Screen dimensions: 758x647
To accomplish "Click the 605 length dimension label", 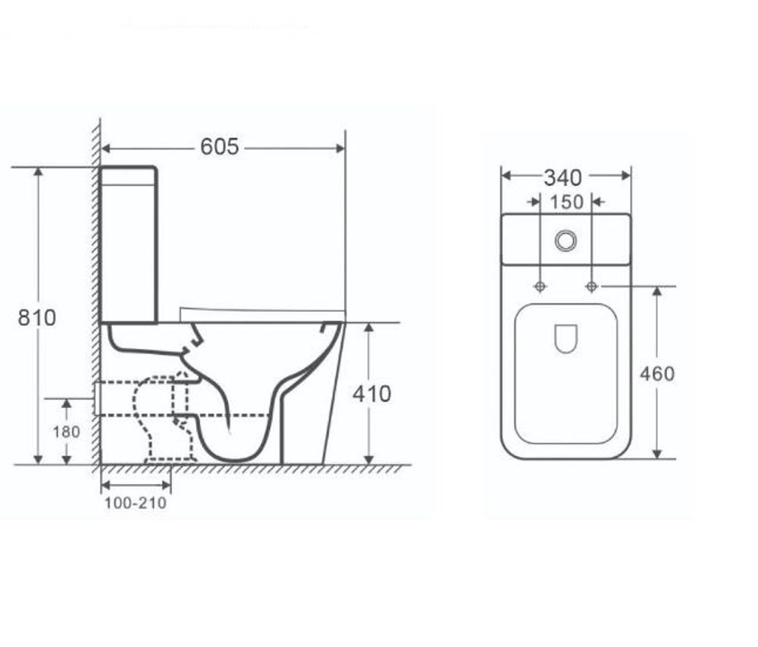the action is [x=220, y=146].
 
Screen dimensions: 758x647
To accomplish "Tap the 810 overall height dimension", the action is [x=36, y=318].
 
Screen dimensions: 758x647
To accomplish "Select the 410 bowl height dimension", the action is [x=371, y=394].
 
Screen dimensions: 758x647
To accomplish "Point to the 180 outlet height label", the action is [x=66, y=432].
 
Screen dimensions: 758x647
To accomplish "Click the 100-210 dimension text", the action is [x=136, y=503].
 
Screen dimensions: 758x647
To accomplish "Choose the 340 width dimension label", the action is [x=562, y=178].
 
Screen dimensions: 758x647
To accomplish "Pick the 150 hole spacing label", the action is [x=566, y=202].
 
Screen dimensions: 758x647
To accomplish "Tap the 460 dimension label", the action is [x=657, y=374].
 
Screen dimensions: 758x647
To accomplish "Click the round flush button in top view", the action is [x=565, y=240].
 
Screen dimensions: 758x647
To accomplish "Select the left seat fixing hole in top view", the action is [x=540, y=287].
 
